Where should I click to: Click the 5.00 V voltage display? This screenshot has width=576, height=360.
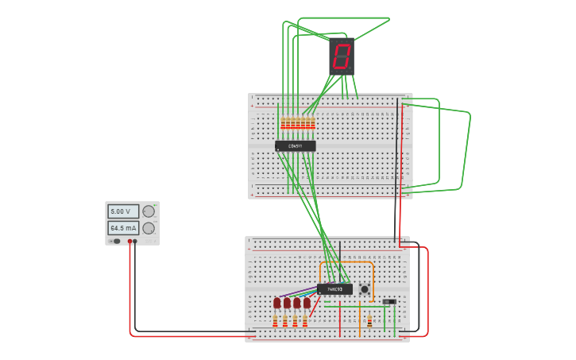(122, 211)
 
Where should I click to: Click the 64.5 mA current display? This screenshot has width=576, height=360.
(122, 228)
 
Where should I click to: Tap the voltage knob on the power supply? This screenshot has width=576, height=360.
(149, 211)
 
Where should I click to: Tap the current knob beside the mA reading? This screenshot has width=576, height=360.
(149, 228)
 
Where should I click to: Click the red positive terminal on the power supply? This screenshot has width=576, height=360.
(130, 241)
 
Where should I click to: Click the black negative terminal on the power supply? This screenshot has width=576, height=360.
(135, 241)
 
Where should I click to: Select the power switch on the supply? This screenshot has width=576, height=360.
(116, 241)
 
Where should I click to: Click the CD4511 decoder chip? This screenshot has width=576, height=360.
(295, 146)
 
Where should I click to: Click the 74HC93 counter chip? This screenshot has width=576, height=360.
(334, 289)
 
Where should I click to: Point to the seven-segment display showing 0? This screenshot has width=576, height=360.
(342, 56)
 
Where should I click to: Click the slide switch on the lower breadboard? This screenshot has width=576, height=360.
(389, 302)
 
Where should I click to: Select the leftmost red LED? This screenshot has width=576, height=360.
(277, 303)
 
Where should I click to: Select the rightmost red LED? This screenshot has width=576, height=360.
(307, 303)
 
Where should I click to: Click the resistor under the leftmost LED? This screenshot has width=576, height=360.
(276, 321)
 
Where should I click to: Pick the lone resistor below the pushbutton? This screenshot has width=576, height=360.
(369, 320)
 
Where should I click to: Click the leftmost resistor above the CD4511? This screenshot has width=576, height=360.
(282, 122)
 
